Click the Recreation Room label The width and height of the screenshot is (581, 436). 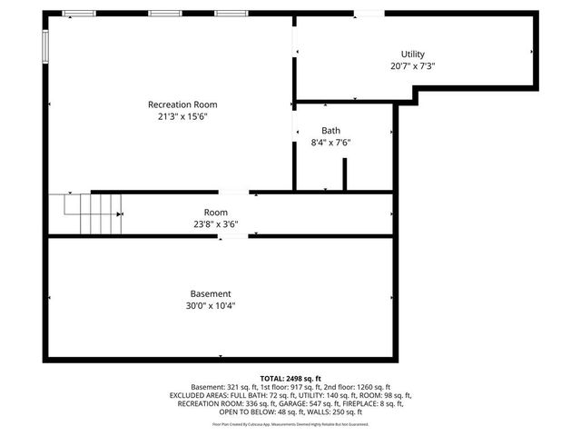click(182, 104)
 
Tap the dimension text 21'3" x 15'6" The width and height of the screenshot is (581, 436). click(182, 116)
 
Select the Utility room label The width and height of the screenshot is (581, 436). click(412, 54)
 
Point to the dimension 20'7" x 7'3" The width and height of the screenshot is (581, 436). click(412, 66)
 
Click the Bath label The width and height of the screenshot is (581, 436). click(330, 131)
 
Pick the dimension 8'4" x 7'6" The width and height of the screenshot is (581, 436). click(330, 143)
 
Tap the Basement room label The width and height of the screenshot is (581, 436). click(211, 293)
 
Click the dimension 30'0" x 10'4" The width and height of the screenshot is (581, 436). click(211, 305)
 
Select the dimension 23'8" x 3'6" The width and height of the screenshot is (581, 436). click(215, 223)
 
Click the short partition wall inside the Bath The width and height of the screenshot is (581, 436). click(344, 174)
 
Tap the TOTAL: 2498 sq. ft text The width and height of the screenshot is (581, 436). click(290, 378)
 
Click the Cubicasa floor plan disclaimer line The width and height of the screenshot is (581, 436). click(290, 424)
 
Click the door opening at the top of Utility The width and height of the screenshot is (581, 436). click(368, 14)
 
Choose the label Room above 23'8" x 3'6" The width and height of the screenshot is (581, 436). click(215, 212)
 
